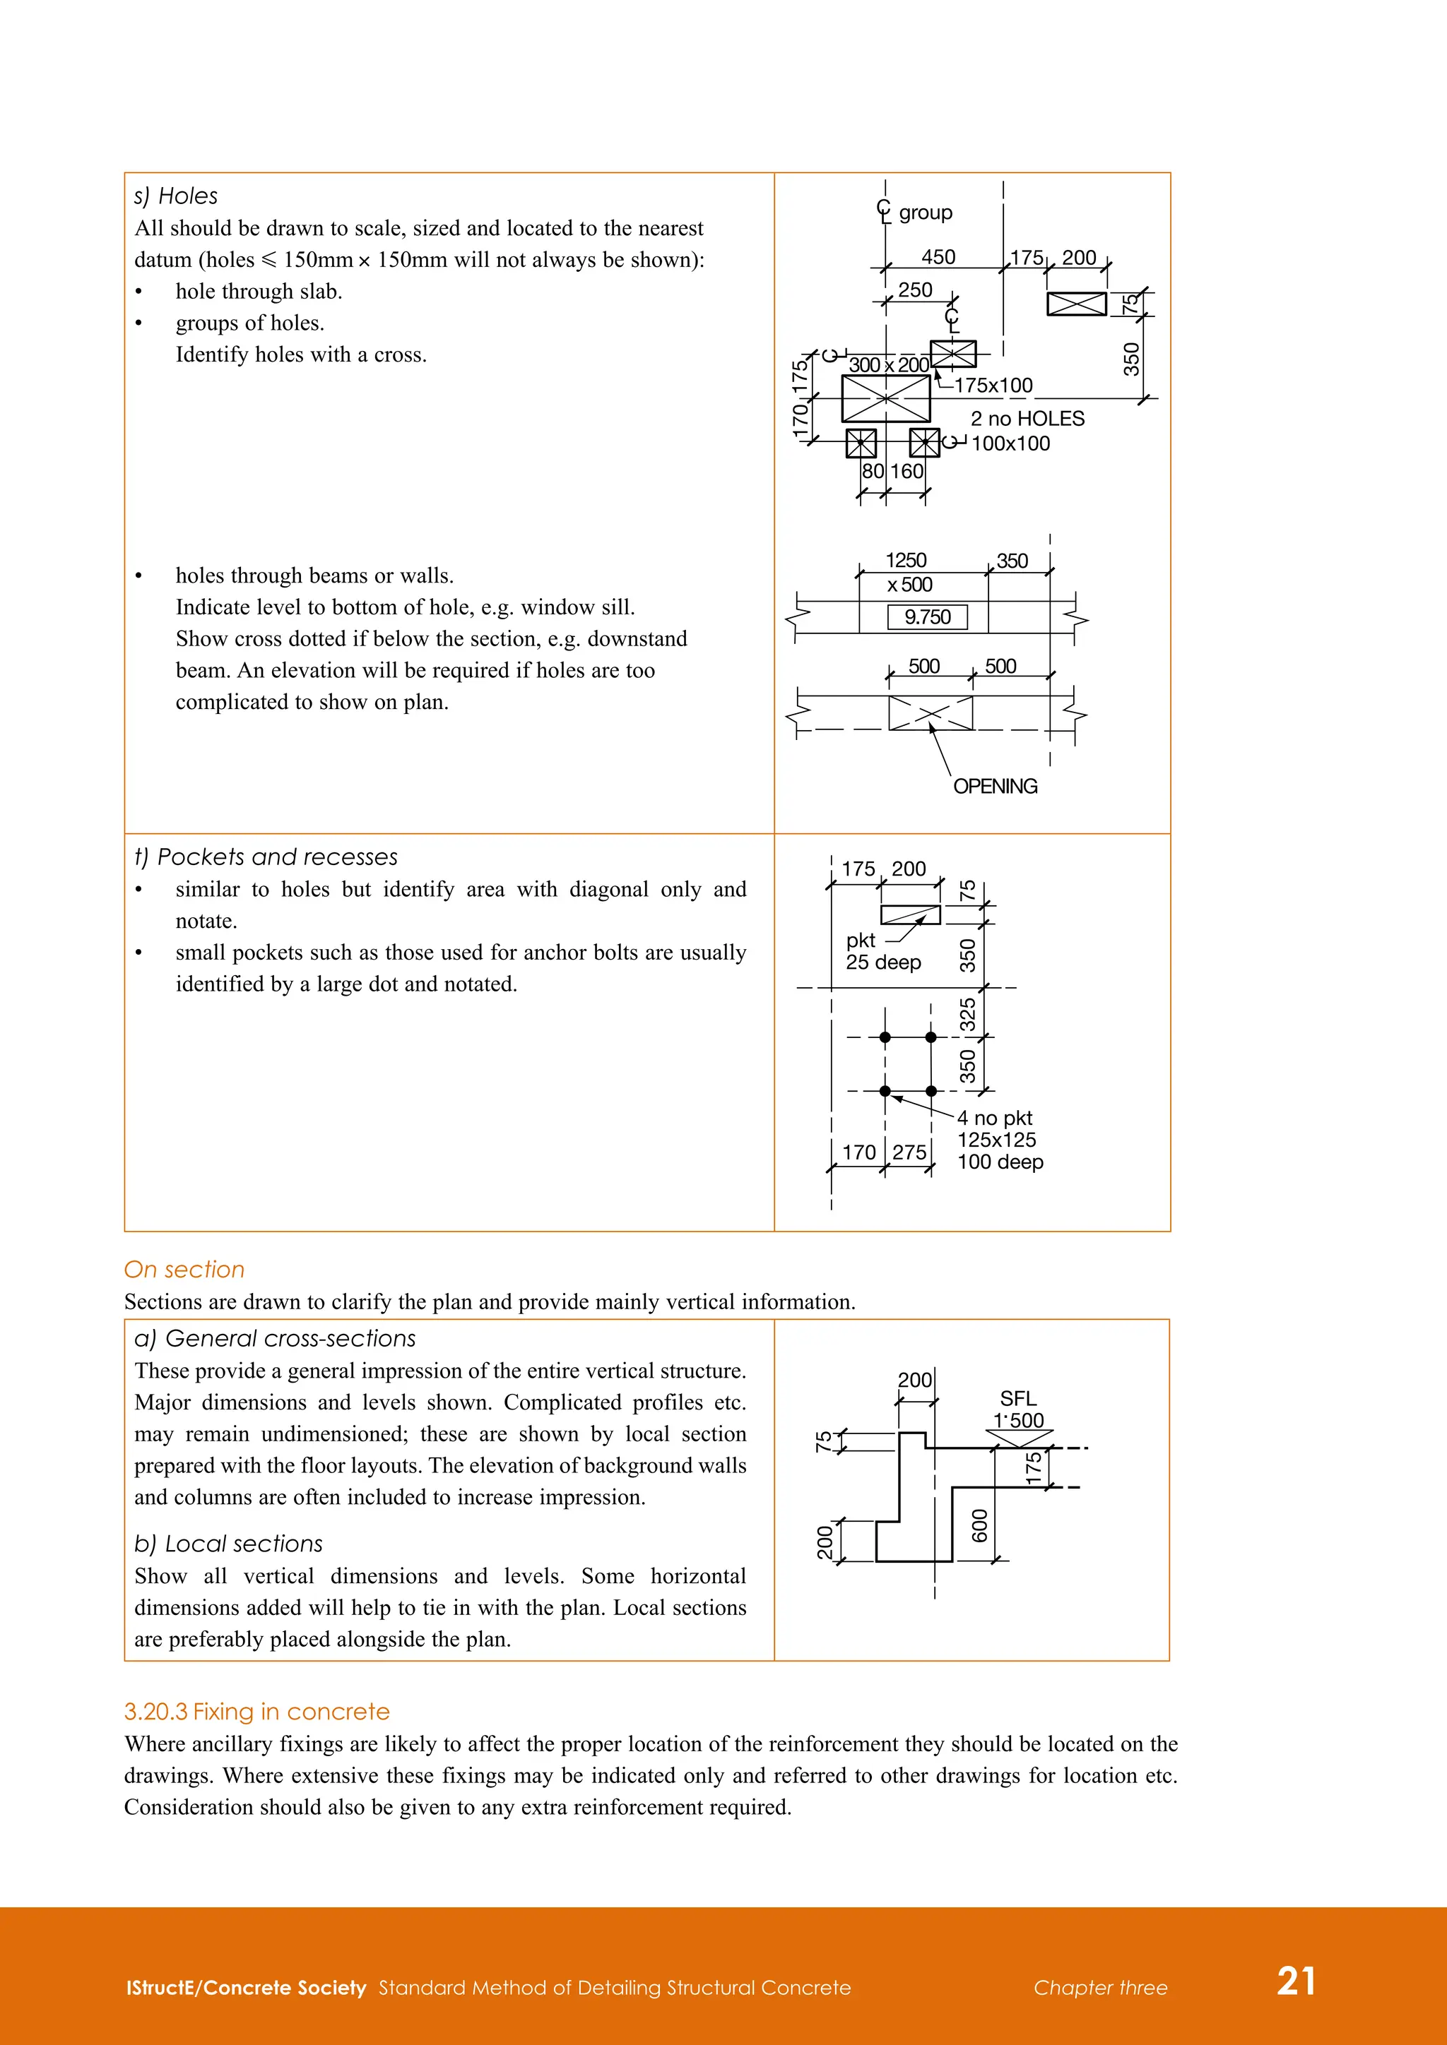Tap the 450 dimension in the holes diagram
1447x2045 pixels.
[938, 258]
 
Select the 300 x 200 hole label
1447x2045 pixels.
[887, 365]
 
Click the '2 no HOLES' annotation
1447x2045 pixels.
[1027, 419]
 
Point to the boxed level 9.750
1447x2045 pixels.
[927, 617]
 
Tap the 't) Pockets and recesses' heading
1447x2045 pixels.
[266, 857]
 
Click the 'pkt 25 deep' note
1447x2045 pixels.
[881, 951]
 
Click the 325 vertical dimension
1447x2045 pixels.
[968, 1015]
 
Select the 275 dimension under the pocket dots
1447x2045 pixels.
[909, 1152]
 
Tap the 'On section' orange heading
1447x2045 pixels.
[184, 1269]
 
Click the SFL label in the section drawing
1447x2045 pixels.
[1017, 1398]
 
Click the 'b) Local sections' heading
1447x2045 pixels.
[228, 1544]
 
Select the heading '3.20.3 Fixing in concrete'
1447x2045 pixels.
[256, 1712]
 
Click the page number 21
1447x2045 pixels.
[1296, 1981]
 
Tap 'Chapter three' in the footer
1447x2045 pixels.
[1099, 1988]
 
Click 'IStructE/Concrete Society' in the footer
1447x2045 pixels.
[246, 1988]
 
